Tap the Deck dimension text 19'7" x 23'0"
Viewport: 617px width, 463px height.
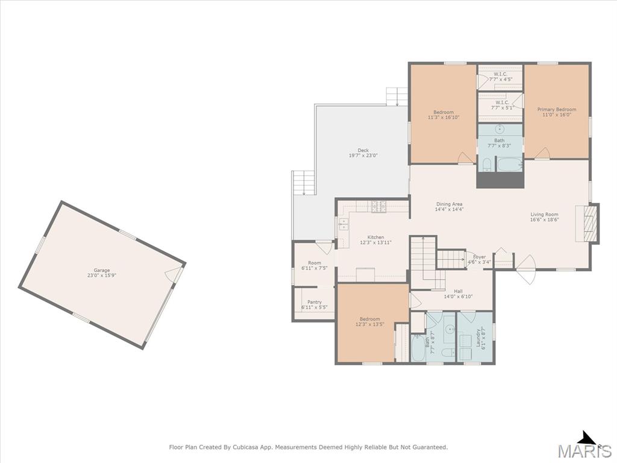point(363,156)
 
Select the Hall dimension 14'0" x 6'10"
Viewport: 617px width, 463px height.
point(458,297)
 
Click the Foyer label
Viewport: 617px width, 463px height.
point(479,257)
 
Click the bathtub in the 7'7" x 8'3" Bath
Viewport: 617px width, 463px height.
point(509,164)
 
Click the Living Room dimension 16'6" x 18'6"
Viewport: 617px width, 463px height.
point(544,219)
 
